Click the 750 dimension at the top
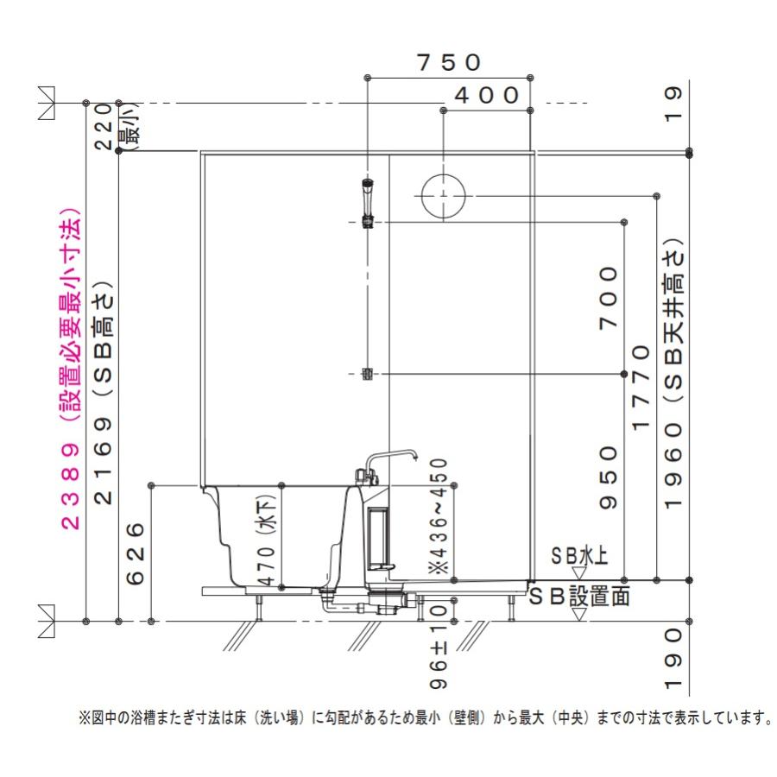pos(448,62)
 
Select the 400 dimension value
pos(487,95)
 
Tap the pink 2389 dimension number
pos(71,486)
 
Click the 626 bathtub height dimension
pos(136,553)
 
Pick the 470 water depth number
pos(267,565)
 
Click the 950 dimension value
pos(609,477)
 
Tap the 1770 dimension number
pos(641,388)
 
